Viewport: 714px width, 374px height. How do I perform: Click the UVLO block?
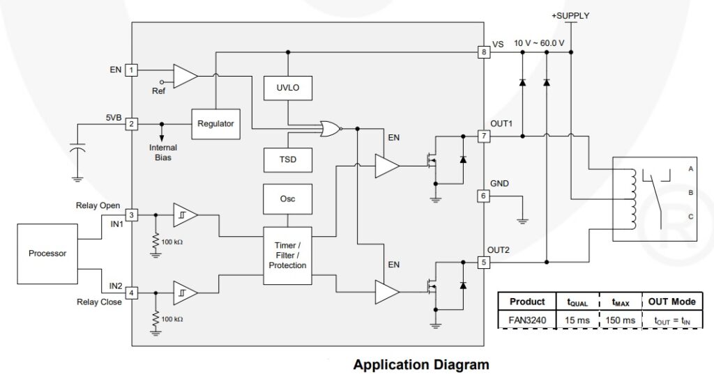pyautogui.click(x=288, y=88)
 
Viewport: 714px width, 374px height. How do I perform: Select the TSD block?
pyautogui.click(x=288, y=159)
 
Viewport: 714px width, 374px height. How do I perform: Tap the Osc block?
pyautogui.click(x=288, y=198)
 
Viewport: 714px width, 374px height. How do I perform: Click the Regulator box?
pyautogui.click(x=215, y=123)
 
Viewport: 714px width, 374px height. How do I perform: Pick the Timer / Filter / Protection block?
pyautogui.click(x=288, y=256)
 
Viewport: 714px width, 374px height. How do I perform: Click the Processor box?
pyautogui.click(x=47, y=254)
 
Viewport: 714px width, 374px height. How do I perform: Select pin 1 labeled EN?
pyautogui.click(x=132, y=70)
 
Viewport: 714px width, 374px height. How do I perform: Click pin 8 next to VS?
pyautogui.click(x=483, y=52)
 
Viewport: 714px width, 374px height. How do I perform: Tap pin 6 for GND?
pyautogui.click(x=483, y=196)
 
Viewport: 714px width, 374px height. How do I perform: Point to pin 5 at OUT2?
pyautogui.click(x=483, y=262)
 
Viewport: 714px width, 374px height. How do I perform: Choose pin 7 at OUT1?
pyautogui.click(x=483, y=135)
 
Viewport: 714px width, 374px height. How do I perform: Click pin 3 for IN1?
pyautogui.click(x=132, y=215)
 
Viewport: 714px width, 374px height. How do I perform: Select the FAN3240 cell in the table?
pyautogui.click(x=527, y=320)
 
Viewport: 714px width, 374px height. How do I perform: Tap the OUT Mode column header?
pyautogui.click(x=671, y=302)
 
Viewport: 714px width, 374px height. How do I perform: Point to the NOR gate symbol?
pyautogui.click(x=330, y=128)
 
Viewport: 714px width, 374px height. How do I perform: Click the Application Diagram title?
pyautogui.click(x=420, y=364)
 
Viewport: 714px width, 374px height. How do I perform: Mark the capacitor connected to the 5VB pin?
pyautogui.click(x=78, y=150)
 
